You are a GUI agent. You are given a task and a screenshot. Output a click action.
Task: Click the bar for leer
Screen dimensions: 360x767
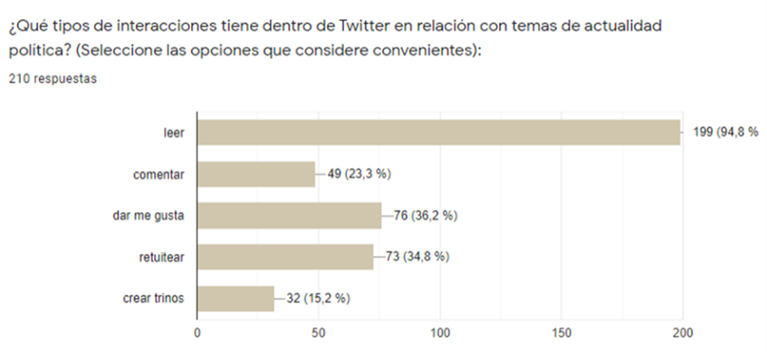(x=439, y=133)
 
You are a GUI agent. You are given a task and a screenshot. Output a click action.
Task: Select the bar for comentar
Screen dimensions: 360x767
(x=256, y=174)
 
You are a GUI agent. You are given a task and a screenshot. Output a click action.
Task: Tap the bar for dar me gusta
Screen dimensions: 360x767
(x=289, y=215)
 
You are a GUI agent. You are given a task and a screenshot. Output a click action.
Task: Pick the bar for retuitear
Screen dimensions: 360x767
(x=285, y=257)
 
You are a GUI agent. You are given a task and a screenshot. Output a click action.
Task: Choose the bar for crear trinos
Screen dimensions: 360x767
(x=235, y=298)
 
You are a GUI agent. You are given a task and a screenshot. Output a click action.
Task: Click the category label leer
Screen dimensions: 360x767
(x=174, y=133)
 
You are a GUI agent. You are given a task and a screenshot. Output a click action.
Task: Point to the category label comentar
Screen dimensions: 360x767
(x=159, y=174)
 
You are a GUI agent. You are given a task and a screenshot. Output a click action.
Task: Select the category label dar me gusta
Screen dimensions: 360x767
(x=148, y=216)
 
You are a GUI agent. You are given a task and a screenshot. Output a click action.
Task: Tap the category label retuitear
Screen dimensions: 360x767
(x=162, y=257)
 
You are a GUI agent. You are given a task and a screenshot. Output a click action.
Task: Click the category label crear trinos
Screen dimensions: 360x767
(x=154, y=298)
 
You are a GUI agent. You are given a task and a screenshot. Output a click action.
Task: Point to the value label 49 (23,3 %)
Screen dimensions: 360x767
(x=359, y=174)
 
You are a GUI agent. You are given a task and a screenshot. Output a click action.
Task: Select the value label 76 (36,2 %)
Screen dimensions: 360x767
(x=426, y=216)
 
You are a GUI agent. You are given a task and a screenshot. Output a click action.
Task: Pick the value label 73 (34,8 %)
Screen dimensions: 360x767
(x=417, y=257)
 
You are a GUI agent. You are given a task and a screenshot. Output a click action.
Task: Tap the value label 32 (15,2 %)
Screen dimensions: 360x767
(x=318, y=298)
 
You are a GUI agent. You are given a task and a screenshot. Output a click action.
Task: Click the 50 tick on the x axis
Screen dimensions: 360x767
(x=318, y=333)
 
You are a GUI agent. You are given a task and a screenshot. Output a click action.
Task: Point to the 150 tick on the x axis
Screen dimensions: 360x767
(x=561, y=333)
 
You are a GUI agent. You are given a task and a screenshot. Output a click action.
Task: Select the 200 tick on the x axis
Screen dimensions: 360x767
(x=682, y=333)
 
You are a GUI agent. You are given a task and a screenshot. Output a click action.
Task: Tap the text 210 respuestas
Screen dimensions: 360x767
(x=53, y=79)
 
